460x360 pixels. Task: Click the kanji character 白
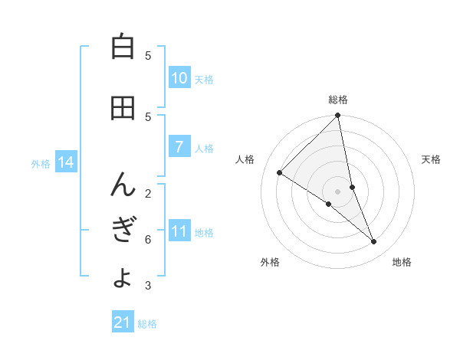coord(123,47)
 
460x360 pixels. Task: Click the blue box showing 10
coord(179,78)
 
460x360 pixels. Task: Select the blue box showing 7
coord(179,147)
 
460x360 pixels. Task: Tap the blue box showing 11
coord(179,231)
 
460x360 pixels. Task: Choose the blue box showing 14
coord(65,162)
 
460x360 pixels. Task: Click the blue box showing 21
coord(123,322)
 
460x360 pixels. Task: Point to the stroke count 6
coord(148,240)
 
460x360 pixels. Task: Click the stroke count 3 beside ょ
coord(148,286)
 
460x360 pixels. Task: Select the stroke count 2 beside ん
coord(148,193)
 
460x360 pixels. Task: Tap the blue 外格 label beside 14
coord(41,163)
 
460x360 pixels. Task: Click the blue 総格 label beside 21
coord(147,324)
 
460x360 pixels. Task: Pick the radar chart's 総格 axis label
coord(338,100)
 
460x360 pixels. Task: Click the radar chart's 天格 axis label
coord(431,159)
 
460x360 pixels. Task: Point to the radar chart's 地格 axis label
coord(402,262)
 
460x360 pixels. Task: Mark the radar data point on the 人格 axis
coord(280,172)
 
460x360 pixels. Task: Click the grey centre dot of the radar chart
coord(338,191)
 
